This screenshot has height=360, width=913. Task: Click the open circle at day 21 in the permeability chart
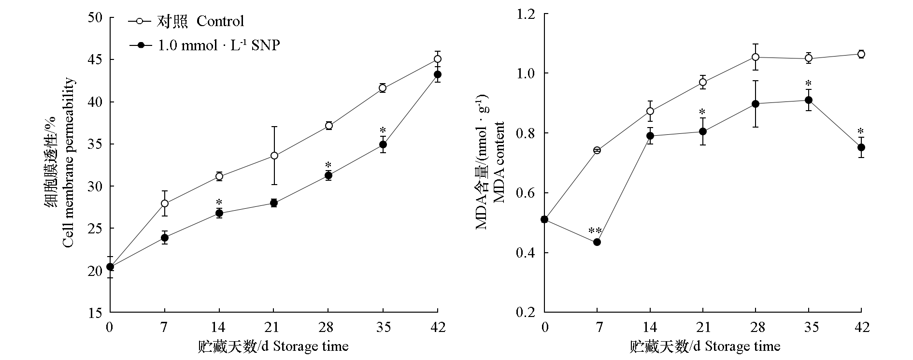(274, 156)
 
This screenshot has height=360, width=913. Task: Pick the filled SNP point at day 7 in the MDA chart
(597, 242)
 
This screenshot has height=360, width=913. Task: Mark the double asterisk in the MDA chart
(595, 230)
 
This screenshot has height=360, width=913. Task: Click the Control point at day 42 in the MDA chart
(861, 54)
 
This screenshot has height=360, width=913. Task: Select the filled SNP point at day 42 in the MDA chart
(861, 147)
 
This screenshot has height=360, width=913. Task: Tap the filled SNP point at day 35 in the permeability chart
(383, 144)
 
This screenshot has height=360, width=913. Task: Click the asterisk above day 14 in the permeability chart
(219, 202)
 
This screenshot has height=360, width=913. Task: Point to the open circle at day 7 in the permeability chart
(165, 203)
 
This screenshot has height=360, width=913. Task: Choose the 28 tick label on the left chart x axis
(328, 327)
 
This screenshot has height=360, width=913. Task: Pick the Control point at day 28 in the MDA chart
(756, 57)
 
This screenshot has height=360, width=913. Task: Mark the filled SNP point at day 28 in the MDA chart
(756, 104)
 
